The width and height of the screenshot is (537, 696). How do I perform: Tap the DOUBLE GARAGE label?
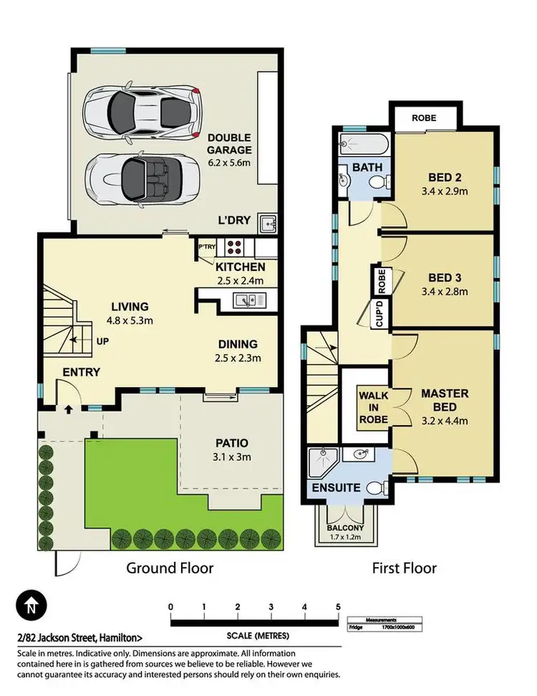(229, 144)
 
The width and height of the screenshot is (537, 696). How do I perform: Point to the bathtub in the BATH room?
(363, 143)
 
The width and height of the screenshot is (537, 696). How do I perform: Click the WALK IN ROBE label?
(374, 407)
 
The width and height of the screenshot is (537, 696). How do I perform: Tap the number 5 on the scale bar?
(337, 607)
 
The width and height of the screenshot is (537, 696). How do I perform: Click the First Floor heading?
(404, 568)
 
